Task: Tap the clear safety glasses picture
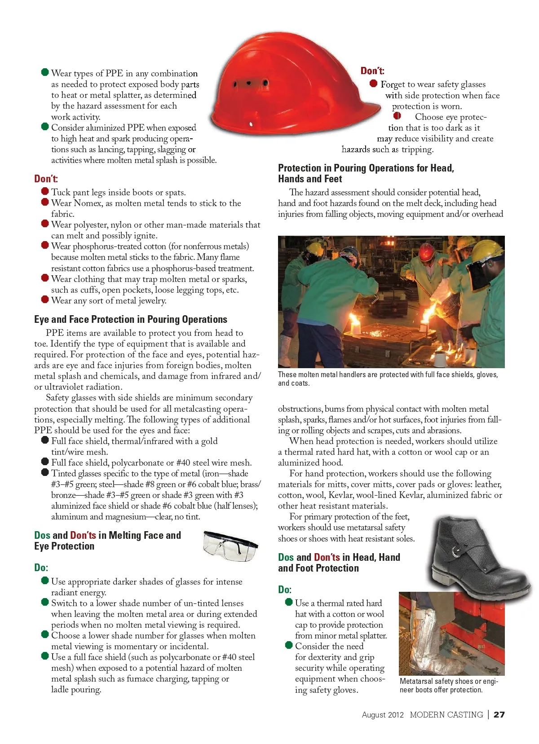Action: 230,545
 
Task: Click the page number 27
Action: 499,714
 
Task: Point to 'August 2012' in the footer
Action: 383,714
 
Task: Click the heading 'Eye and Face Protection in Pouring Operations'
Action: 131,319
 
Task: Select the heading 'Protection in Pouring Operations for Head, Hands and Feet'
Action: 366,173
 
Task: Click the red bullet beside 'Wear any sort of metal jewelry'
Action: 45,299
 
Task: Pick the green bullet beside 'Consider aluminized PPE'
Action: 45,127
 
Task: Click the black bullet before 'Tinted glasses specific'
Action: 45,472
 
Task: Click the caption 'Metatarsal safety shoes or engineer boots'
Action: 448,685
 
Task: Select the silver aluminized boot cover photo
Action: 451,633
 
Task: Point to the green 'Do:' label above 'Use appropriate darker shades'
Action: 41,568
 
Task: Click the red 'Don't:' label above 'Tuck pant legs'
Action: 46,179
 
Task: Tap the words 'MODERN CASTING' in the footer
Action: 446,714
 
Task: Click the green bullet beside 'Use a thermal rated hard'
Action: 289,602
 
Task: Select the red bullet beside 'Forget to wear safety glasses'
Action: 373,84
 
